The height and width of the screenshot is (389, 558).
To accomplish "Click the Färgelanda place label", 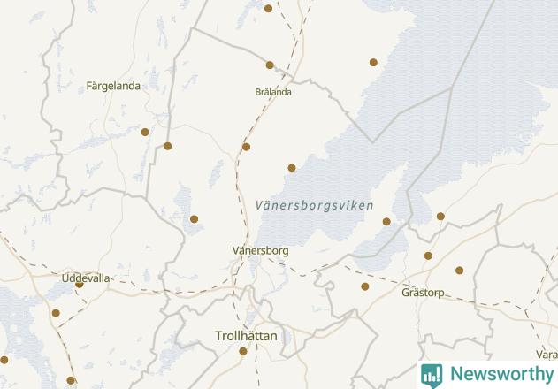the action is pos(113,87).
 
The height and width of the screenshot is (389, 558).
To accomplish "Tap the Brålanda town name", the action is pos(273,92).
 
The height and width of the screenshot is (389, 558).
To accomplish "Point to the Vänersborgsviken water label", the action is pos(308,205).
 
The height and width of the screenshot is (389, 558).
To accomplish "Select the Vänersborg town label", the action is pos(260,251).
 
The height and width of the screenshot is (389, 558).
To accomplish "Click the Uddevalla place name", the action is pos(86,278).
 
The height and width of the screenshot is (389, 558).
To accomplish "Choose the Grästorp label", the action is pos(423,293).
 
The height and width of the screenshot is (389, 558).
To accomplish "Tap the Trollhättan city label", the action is pos(247,336).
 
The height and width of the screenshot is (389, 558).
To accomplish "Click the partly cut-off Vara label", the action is pos(547,355).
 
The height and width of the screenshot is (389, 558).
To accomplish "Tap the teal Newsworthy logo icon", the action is pos(432,375).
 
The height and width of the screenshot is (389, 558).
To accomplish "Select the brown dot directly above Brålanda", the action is pos(270,65).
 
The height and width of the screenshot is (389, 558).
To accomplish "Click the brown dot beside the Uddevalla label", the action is pos(79,285).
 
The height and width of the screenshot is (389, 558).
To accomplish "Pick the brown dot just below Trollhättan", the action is pos(243,352).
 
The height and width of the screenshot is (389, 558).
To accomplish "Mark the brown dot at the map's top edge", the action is pos(269,9).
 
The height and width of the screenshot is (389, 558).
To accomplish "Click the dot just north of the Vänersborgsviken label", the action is pos(292,167).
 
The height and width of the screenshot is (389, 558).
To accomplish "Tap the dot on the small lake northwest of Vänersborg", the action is pos(194,219).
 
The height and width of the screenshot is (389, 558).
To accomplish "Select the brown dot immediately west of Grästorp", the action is pos(365,286).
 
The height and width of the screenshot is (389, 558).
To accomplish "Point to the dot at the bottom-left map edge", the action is pos(4,360).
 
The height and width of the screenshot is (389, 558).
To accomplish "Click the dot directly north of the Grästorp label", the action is pos(428,256).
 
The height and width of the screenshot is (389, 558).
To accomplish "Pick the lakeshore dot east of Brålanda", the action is pos(373,63).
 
